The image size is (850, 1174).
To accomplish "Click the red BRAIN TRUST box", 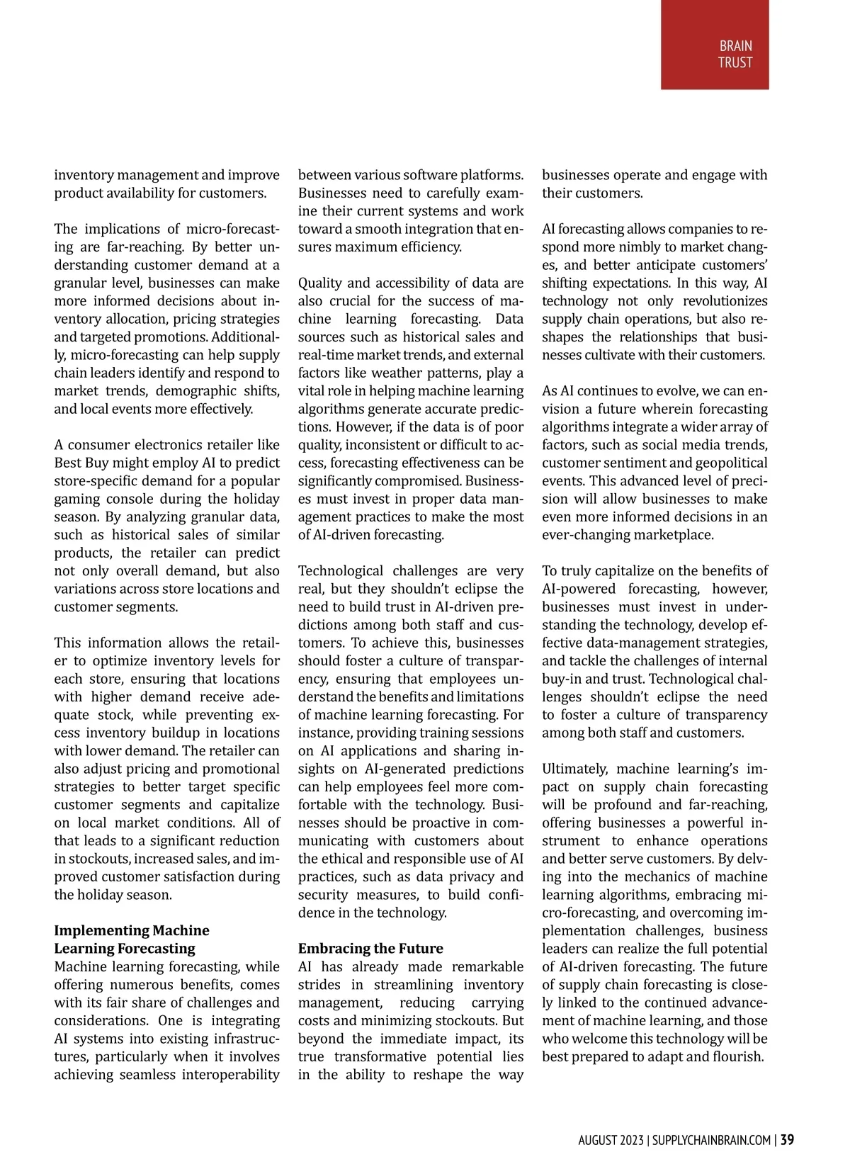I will coord(714,45).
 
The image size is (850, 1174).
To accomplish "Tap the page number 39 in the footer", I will coord(787,1140).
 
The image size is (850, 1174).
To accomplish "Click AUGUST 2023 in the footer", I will coord(611,1140).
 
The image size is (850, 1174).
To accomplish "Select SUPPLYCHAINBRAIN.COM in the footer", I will coord(711,1140).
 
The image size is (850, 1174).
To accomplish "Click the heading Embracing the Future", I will coord(370,948).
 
